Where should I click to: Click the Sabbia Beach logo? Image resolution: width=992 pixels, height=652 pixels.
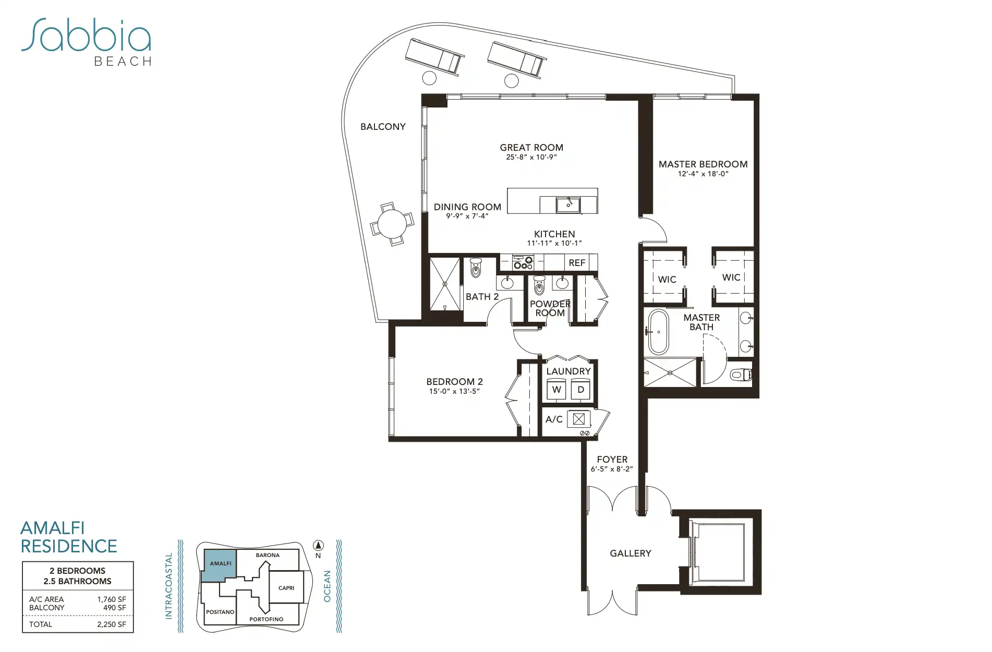[x=87, y=42]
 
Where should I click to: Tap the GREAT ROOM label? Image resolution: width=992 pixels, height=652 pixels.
[x=531, y=148]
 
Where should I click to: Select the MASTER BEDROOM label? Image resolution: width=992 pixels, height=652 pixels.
[x=703, y=164]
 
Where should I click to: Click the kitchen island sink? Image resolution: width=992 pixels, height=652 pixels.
[x=568, y=204]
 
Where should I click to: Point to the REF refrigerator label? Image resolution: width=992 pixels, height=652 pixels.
[x=577, y=263]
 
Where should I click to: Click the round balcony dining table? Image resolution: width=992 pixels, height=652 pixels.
[x=392, y=224]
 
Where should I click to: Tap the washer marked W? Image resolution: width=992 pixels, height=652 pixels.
[x=557, y=390]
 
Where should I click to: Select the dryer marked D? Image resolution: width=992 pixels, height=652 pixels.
[x=580, y=390]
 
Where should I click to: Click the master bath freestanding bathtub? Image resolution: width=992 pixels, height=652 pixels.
[x=658, y=332]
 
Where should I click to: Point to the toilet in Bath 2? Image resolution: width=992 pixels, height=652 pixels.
[x=476, y=268]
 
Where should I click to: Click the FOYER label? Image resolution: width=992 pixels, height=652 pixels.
[x=612, y=460]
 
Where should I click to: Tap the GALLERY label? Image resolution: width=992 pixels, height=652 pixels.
[x=631, y=553]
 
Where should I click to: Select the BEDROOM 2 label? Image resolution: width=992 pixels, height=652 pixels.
[x=454, y=382]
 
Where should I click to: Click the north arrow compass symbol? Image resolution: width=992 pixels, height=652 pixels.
[x=318, y=546]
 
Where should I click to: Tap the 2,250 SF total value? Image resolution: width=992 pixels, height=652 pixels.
[x=112, y=624]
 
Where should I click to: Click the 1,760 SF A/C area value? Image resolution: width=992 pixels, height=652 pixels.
[x=112, y=599]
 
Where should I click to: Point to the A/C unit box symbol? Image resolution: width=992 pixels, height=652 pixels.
[x=578, y=419]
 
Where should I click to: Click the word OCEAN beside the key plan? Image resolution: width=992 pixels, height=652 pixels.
[x=327, y=586]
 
